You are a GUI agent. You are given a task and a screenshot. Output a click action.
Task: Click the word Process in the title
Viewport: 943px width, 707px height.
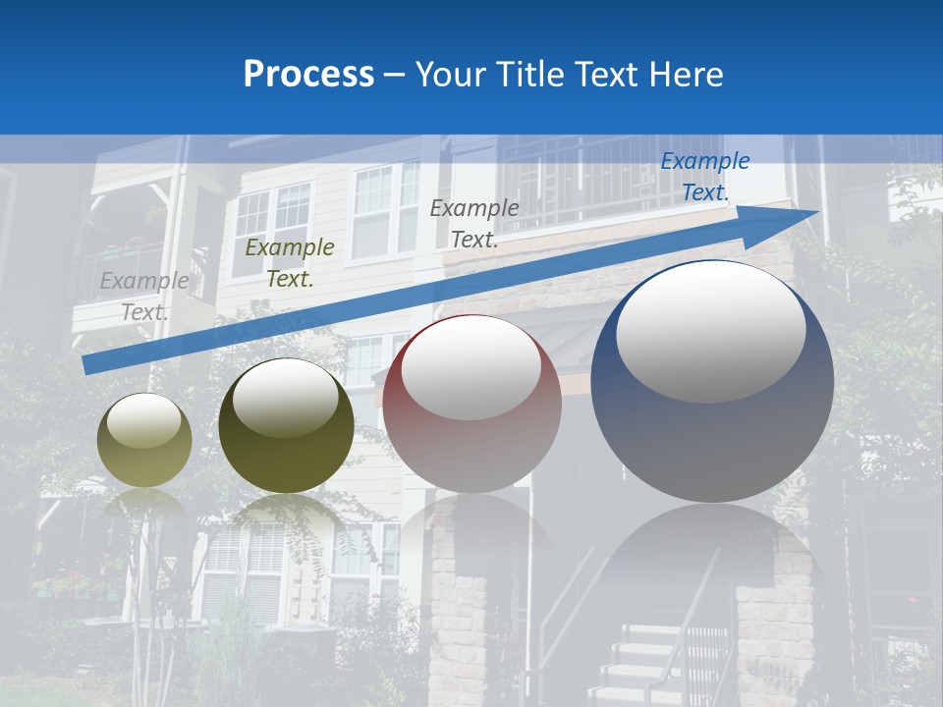tap(308, 75)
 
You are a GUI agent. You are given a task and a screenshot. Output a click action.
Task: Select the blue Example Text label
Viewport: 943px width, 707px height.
tap(704, 177)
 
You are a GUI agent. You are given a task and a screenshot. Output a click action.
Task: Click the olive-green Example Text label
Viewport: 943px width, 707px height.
tap(289, 263)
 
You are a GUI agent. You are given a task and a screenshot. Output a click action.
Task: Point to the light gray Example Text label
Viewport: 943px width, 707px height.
tap(144, 296)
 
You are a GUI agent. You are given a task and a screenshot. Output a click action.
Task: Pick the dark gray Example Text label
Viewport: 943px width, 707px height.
tap(474, 223)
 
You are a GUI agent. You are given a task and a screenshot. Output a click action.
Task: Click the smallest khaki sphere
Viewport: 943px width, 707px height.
tap(144, 440)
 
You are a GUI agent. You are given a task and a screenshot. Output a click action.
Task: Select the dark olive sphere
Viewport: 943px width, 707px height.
tap(286, 426)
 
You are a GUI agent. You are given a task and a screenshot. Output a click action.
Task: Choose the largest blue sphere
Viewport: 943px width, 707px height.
tap(712, 383)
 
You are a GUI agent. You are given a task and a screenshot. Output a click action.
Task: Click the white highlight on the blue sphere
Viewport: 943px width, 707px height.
tap(710, 331)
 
